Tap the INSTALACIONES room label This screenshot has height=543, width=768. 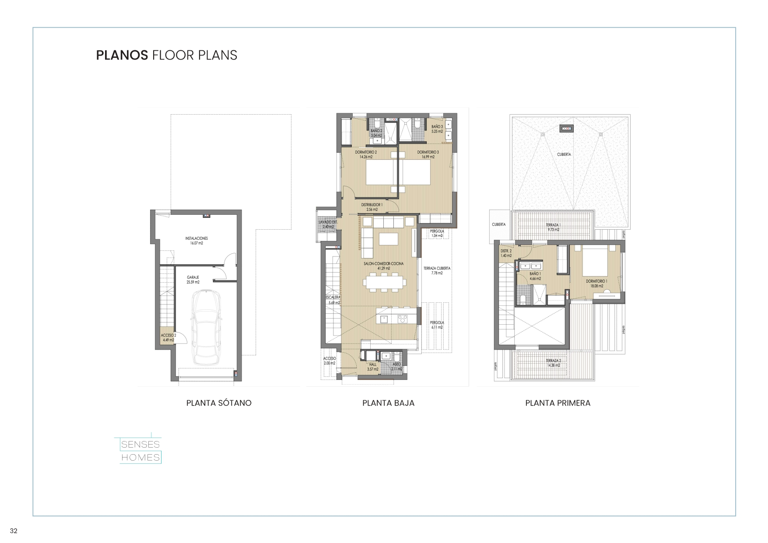click(x=196, y=241)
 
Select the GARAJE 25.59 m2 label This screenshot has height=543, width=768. click(x=193, y=280)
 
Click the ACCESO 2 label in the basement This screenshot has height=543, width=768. click(x=168, y=337)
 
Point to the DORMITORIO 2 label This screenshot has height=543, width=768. click(x=366, y=154)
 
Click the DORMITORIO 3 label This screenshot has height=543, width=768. click(x=428, y=154)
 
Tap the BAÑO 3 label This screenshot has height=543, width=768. click(x=437, y=129)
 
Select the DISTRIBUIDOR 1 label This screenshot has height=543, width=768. click(x=372, y=207)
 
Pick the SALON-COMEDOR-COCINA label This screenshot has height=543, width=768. click(x=384, y=266)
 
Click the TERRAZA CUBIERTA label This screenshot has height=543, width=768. click(x=437, y=270)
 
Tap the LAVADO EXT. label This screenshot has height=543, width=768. click(x=328, y=224)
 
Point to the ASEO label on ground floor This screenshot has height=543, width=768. click(x=396, y=366)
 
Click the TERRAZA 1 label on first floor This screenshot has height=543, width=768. click(x=553, y=227)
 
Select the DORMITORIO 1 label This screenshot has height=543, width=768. click(x=596, y=283)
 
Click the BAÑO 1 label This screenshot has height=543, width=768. click(x=535, y=276)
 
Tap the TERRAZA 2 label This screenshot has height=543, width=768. click(x=553, y=363)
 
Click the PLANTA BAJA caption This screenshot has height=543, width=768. click(x=388, y=403)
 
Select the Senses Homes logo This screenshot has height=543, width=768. click(x=140, y=450)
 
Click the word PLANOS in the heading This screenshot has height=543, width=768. click(x=122, y=55)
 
